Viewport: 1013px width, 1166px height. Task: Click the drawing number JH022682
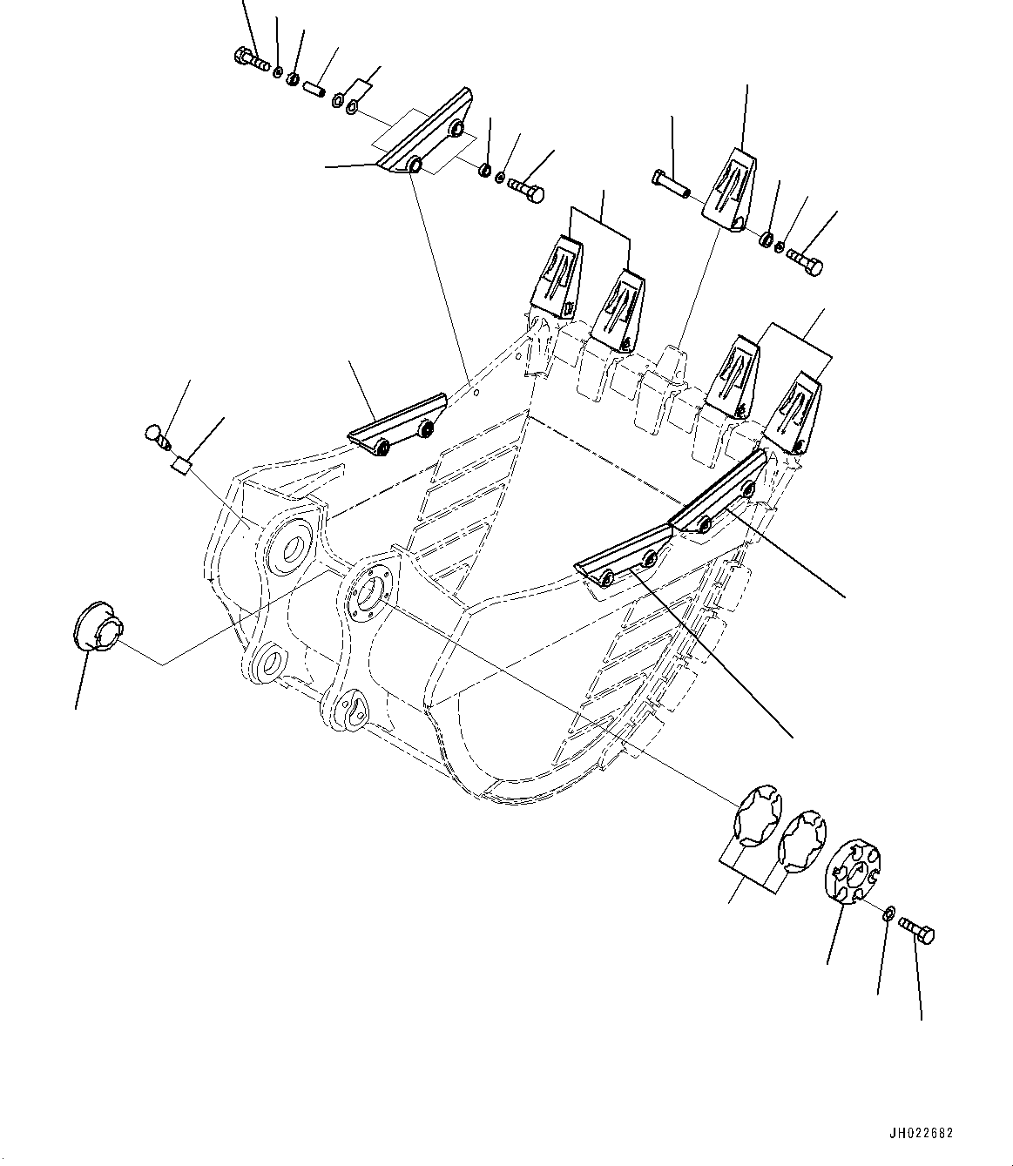point(922,1134)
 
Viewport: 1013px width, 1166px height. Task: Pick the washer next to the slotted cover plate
point(886,912)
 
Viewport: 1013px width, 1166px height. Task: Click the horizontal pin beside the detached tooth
point(670,183)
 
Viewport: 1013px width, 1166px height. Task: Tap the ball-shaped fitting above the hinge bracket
point(154,435)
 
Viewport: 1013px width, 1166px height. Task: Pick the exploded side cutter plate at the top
point(425,135)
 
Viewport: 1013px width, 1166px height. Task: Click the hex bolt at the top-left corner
point(251,59)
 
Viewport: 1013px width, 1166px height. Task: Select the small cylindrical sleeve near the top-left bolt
point(314,87)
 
